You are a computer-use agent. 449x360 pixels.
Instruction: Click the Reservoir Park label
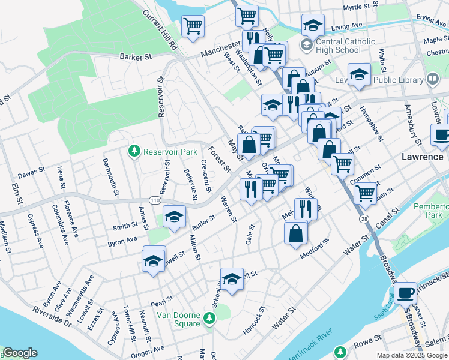coord(170,152)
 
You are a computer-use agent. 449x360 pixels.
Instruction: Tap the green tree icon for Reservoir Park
coord(136,151)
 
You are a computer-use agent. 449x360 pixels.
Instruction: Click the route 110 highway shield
coord(155,200)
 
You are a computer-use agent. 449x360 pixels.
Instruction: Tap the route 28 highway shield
coord(364,221)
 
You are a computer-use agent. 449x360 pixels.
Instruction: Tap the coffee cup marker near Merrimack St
coord(406,293)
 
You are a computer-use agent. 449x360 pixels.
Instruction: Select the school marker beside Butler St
coord(175,217)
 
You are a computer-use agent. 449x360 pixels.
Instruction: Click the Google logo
coord(20,353)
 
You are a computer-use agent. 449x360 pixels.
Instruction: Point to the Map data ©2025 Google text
coord(412,355)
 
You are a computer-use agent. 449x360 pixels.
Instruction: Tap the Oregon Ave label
coord(151,349)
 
